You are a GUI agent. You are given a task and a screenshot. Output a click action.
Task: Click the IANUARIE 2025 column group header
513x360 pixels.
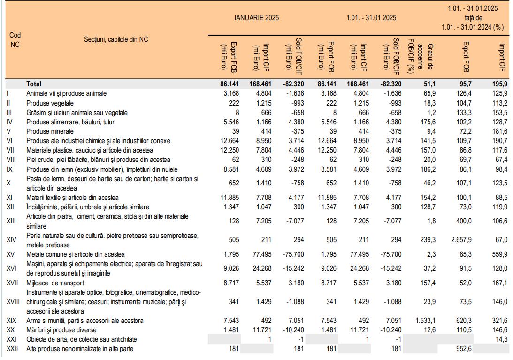click(x=257, y=18)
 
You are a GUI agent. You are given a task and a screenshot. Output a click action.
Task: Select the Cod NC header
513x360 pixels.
click(x=15, y=39)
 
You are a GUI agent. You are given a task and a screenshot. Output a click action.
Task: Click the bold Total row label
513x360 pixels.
click(x=34, y=84)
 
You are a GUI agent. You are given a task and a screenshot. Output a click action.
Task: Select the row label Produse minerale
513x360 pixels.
click(x=49, y=131)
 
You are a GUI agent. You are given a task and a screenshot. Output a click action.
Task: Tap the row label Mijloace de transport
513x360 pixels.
click(x=55, y=283)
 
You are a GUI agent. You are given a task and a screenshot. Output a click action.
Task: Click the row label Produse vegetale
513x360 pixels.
click(x=50, y=103)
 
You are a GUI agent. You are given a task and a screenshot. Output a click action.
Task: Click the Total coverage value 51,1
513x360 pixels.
click(x=429, y=84)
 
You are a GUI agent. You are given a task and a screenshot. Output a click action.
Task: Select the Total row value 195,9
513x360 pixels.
click(x=499, y=84)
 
